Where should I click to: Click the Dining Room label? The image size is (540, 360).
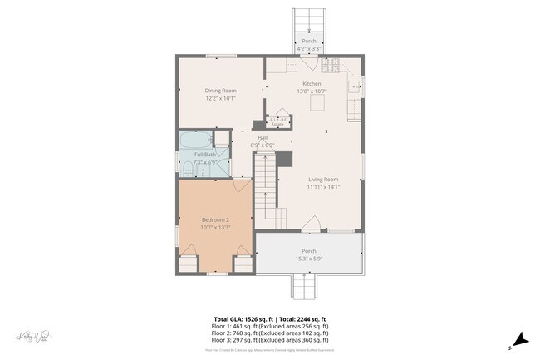[221, 90]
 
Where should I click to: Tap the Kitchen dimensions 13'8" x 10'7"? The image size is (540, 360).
[312, 91]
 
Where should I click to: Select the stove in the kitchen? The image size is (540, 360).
[331, 64]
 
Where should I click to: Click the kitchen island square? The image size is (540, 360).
[317, 104]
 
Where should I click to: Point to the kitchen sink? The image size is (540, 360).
[355, 85]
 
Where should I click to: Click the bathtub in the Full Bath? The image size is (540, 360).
[194, 139]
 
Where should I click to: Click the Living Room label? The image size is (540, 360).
[323, 180]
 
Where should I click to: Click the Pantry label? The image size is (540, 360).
[277, 121]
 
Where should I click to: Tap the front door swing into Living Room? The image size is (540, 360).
[310, 223]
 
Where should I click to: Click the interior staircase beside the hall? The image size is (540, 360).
[264, 187]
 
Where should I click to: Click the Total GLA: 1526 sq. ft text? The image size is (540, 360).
[244, 319]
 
